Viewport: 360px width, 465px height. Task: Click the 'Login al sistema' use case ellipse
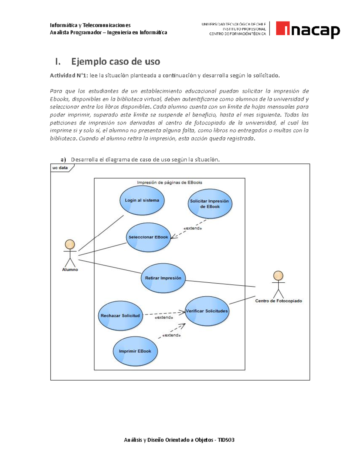[142, 200]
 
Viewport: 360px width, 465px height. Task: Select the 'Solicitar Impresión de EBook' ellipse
[210, 204]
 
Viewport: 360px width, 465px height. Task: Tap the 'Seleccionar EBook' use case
[148, 237]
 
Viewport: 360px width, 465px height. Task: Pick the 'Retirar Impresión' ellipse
[163, 278]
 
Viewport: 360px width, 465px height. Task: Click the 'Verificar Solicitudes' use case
[207, 311]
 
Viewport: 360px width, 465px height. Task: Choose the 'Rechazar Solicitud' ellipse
[120, 316]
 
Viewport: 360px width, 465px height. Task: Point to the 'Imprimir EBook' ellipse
[135, 351]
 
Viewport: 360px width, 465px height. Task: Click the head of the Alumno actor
[70, 244]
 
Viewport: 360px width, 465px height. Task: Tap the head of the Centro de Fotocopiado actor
[278, 276]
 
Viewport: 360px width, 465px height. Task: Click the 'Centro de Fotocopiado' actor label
[278, 301]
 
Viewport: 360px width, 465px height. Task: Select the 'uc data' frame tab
[61, 168]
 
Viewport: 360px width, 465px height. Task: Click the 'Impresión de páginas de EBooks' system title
[169, 182]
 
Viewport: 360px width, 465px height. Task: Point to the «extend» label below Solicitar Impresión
[192, 228]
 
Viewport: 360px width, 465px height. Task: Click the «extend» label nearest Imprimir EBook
[171, 335]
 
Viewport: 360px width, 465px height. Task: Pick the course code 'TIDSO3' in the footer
[226, 440]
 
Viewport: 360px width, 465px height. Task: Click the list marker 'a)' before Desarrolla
[63, 160]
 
